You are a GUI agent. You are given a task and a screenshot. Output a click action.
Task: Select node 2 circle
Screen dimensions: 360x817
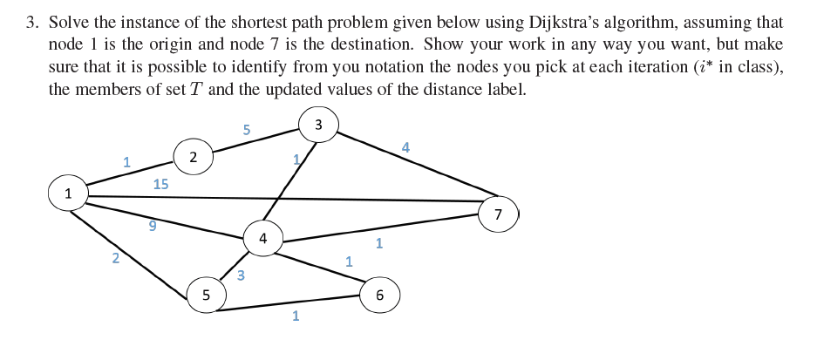(193, 157)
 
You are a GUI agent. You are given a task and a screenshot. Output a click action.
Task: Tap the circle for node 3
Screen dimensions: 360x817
(318, 125)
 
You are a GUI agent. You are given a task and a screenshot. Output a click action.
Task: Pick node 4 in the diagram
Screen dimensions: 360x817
(262, 237)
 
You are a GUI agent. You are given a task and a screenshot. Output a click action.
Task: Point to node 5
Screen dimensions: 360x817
(206, 295)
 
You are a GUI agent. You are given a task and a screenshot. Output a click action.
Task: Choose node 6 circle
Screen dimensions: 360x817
(379, 295)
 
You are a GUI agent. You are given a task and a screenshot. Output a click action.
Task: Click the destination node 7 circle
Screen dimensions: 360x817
(498, 214)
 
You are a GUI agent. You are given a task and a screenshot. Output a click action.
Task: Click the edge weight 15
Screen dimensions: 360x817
(160, 184)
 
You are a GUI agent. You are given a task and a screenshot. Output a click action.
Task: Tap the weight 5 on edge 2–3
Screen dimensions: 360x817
(247, 130)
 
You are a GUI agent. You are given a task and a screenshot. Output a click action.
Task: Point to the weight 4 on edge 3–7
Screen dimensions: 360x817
(405, 147)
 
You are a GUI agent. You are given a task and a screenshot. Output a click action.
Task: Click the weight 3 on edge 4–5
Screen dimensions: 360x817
(241, 275)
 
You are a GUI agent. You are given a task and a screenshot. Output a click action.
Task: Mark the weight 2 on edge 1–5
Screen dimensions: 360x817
(115, 256)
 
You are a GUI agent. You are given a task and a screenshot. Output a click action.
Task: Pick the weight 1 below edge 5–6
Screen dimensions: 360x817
(296, 316)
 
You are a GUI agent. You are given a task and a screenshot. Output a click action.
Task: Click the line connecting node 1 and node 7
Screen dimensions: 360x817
(288, 199)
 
